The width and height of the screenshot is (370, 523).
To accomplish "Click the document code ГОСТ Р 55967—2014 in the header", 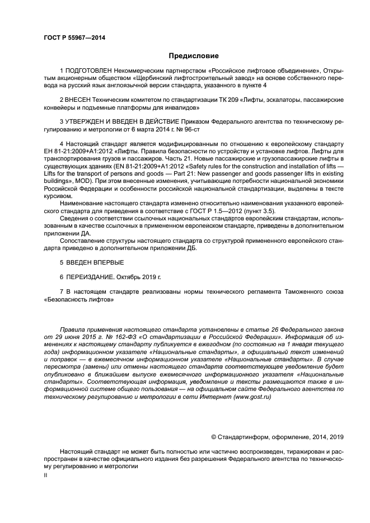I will point(74,37).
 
